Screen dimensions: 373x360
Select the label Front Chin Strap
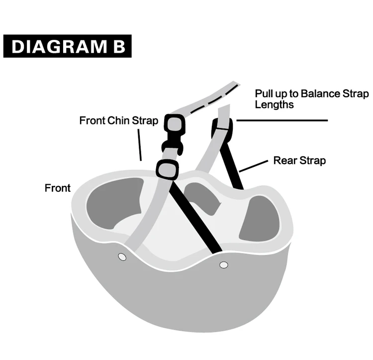point(119,120)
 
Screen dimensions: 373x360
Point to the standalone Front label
point(58,188)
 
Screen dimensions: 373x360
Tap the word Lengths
point(274,105)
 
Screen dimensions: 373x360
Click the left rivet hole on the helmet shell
point(121,256)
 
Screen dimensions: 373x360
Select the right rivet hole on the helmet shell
point(223,264)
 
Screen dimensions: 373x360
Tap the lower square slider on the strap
point(167,169)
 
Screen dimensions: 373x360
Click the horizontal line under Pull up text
point(282,120)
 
